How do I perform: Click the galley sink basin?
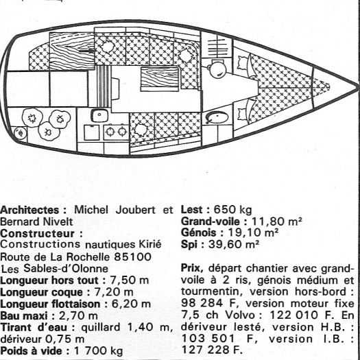coord(99,115)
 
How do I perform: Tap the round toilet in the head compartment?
coord(217,69)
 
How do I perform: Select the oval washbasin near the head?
coord(217,118)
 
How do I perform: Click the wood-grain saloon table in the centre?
coord(160,79)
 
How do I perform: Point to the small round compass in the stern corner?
coord(21,133)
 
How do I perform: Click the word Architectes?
coord(30,210)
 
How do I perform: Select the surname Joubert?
coord(135,210)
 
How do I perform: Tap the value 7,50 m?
coord(130,280)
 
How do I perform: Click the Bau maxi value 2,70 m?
coord(78,315)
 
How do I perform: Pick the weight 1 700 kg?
coord(99,351)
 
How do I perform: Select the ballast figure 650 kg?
coord(233,210)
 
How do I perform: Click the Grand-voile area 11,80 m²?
coord(276,221)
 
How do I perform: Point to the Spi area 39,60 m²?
coord(234,244)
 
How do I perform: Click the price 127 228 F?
coord(212,350)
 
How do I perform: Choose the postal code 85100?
coord(132,256)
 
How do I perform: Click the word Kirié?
coord(150,244)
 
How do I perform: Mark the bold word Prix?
coord(192,268)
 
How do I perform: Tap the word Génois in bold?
coord(199,233)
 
